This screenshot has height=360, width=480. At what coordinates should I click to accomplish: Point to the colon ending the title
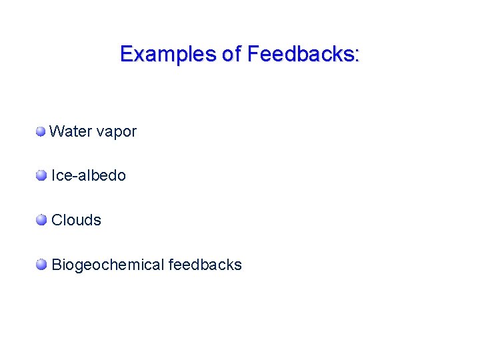(358, 56)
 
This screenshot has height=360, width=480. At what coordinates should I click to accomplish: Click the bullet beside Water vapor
(41, 131)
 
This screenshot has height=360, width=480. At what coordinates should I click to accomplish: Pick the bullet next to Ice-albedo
(42, 175)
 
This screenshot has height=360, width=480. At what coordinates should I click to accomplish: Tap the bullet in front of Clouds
(42, 220)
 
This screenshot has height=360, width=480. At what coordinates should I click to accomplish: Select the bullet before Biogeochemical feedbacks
(42, 265)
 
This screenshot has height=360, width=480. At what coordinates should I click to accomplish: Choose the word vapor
(116, 133)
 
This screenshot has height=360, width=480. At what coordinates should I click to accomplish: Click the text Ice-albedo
(89, 175)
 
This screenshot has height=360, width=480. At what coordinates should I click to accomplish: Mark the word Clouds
(76, 220)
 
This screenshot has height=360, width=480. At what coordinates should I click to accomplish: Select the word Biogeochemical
(107, 265)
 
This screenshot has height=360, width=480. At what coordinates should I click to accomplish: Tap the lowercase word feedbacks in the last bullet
(205, 265)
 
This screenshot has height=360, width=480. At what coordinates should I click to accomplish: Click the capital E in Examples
(125, 54)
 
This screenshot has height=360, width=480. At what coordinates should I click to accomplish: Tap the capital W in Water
(56, 131)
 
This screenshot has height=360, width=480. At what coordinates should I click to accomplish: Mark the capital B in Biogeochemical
(57, 265)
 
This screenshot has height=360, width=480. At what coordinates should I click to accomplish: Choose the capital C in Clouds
(57, 220)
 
